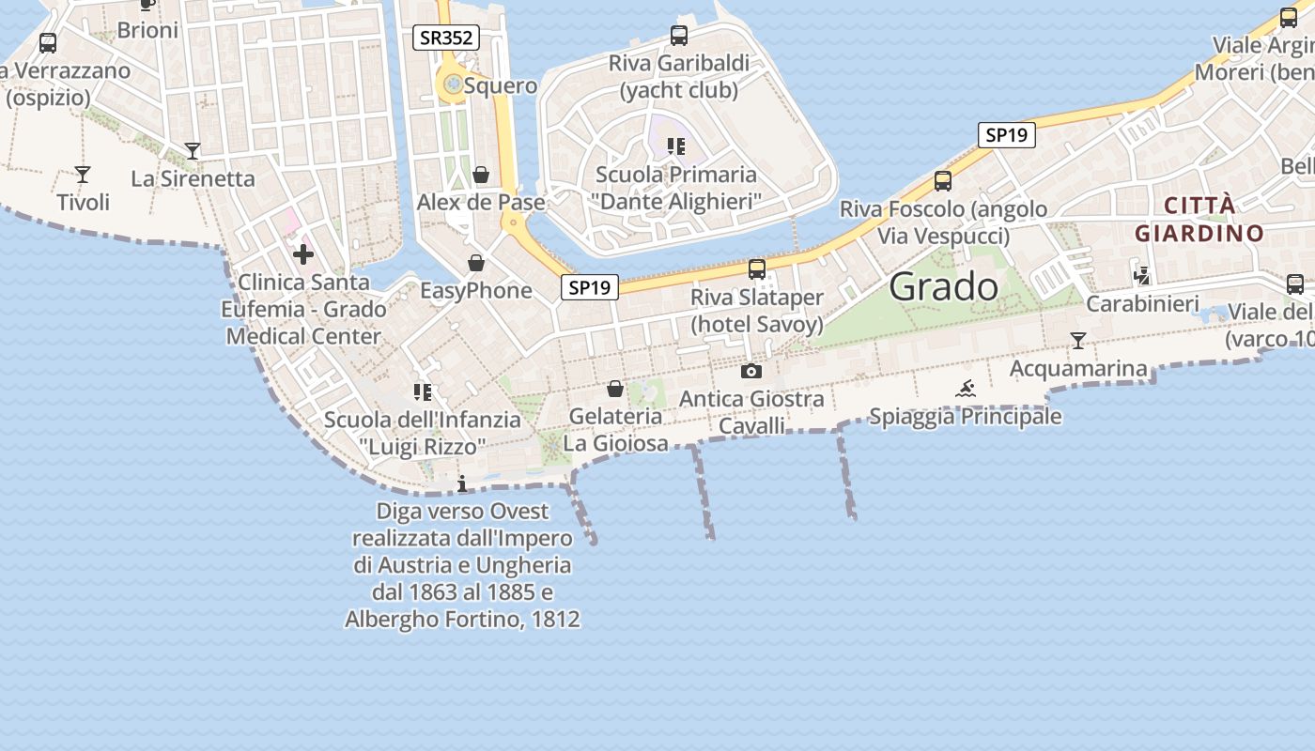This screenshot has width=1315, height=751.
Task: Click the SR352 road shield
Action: [x=446, y=38]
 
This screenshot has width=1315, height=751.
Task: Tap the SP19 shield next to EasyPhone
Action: [x=590, y=287]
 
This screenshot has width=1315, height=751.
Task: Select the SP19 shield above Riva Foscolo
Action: [x=1006, y=135]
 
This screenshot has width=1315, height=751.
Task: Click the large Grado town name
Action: [x=943, y=286]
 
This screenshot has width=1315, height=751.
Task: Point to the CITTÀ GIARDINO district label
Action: [x=1199, y=220]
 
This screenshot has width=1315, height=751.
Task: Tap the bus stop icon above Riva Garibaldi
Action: [x=679, y=36]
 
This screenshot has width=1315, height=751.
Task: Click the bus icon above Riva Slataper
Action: [x=757, y=269]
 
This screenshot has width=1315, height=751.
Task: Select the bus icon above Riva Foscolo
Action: [x=943, y=181]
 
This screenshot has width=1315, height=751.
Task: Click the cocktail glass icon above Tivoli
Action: [x=83, y=175]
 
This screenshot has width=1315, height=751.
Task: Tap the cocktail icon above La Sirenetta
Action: [x=193, y=151]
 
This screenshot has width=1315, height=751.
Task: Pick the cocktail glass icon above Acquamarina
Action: [x=1078, y=341]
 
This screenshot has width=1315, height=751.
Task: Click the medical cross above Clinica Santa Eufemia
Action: [x=303, y=254]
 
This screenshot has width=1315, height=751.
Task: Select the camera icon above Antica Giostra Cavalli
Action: [x=751, y=372]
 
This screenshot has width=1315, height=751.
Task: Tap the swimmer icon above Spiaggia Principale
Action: [x=966, y=389]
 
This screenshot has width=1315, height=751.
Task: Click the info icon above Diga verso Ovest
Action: [x=462, y=484]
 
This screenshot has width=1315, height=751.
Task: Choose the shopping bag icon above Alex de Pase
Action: [x=481, y=175]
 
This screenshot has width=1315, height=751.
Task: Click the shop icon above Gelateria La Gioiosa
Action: [x=615, y=389]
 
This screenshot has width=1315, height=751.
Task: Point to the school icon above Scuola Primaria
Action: [x=675, y=146]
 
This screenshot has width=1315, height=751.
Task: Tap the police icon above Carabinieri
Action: [x=1142, y=276]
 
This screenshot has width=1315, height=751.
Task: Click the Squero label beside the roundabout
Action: [x=501, y=85]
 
